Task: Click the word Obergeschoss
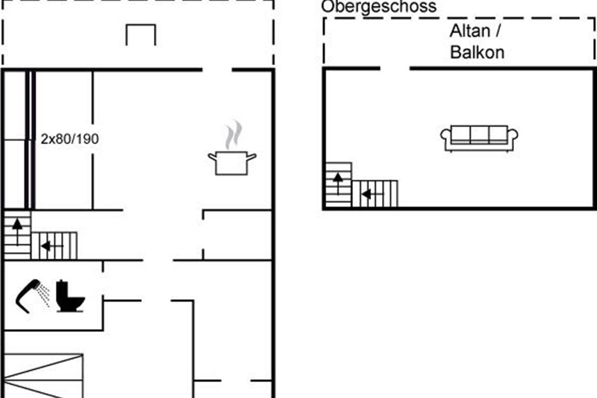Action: pos(379,6)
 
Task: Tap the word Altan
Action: pos(470,31)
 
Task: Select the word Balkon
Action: pos(477,52)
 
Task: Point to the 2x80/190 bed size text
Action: pos(70,139)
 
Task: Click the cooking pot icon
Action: pos(232,163)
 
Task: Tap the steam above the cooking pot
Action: pos(233,135)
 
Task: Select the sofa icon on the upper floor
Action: pos(479,138)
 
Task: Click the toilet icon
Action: pos(70,296)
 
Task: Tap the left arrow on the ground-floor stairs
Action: pos(52,246)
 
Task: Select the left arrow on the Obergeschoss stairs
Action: pos(373,194)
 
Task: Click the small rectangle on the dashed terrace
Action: pos(141,25)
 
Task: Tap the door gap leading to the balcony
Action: pos(395,69)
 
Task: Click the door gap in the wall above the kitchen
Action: pos(217,70)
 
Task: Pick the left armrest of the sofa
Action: pos(445,135)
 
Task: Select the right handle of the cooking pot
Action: pos(252,157)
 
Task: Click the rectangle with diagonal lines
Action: pos(43,376)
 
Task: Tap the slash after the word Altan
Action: pos(497,31)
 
